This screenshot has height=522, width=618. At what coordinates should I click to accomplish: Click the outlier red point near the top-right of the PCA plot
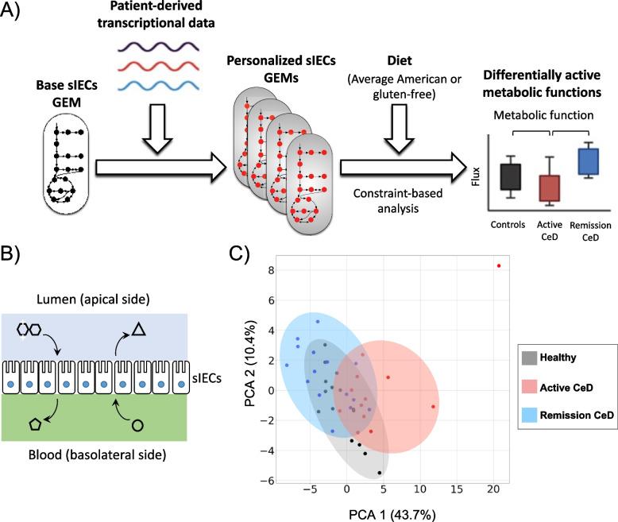coord(499,265)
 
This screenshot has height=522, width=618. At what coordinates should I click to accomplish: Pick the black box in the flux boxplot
coord(510,176)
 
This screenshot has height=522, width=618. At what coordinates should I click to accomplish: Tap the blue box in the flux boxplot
coord(588,162)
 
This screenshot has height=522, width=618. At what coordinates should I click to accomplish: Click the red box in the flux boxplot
coord(549,188)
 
